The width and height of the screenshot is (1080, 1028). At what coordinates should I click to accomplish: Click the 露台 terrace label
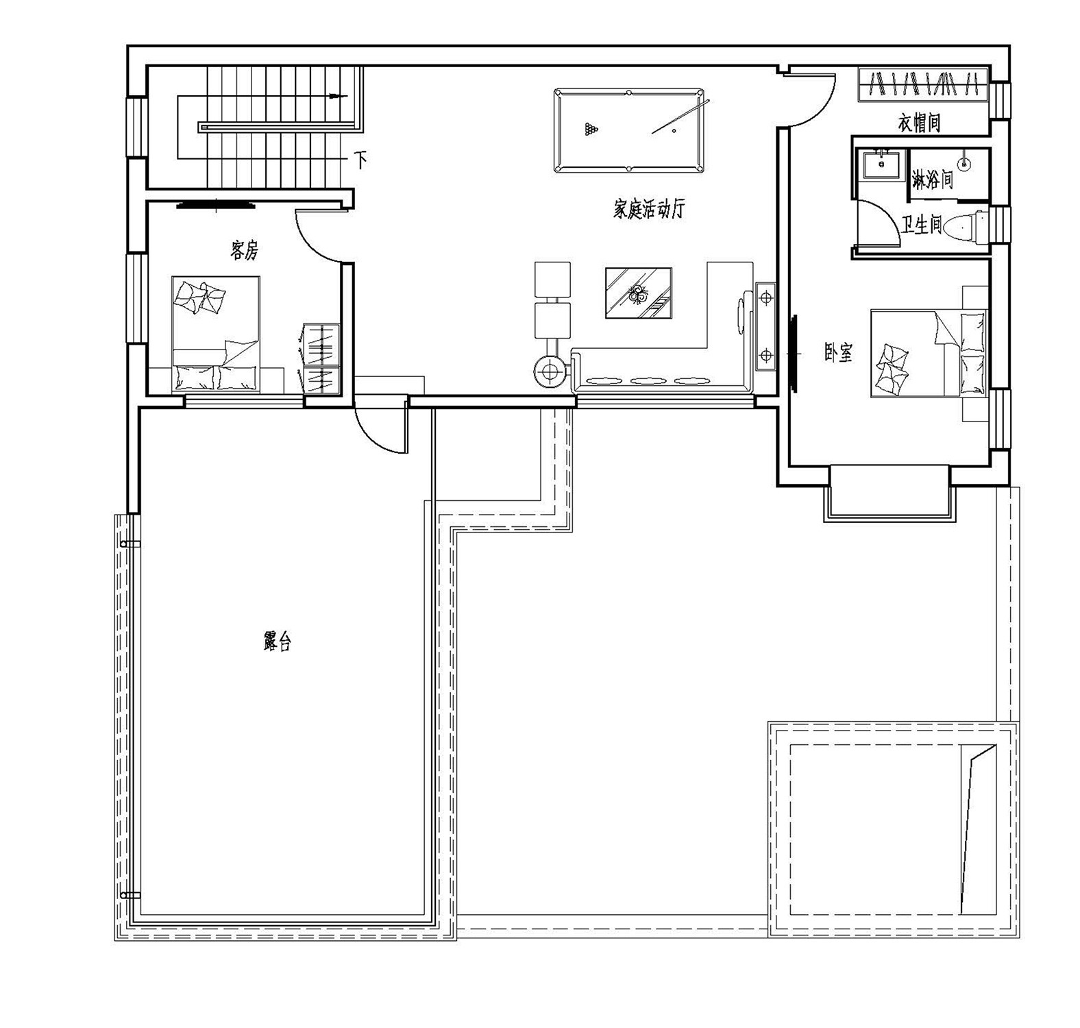(x=277, y=641)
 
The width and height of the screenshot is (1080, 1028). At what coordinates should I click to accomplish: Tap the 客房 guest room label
(x=244, y=251)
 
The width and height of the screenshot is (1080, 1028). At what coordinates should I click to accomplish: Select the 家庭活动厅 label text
(x=648, y=209)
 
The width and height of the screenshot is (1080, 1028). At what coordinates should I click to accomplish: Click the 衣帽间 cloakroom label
(x=918, y=123)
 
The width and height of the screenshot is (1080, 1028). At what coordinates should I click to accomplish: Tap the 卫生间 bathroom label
(x=921, y=225)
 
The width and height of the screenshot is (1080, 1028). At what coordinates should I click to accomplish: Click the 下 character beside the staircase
(x=360, y=160)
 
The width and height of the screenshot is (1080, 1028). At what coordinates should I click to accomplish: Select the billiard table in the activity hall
(x=628, y=130)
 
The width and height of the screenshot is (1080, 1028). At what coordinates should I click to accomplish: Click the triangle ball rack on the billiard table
(x=591, y=129)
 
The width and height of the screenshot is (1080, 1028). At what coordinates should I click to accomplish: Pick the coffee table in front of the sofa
(x=638, y=293)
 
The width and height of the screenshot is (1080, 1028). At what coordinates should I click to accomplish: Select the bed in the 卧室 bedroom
(x=929, y=353)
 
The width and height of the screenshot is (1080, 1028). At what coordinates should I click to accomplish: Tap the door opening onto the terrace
(x=381, y=428)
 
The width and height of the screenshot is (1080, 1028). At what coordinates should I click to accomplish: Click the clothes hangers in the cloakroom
(x=923, y=84)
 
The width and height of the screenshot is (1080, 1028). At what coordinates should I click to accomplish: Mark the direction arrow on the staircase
(x=336, y=96)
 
